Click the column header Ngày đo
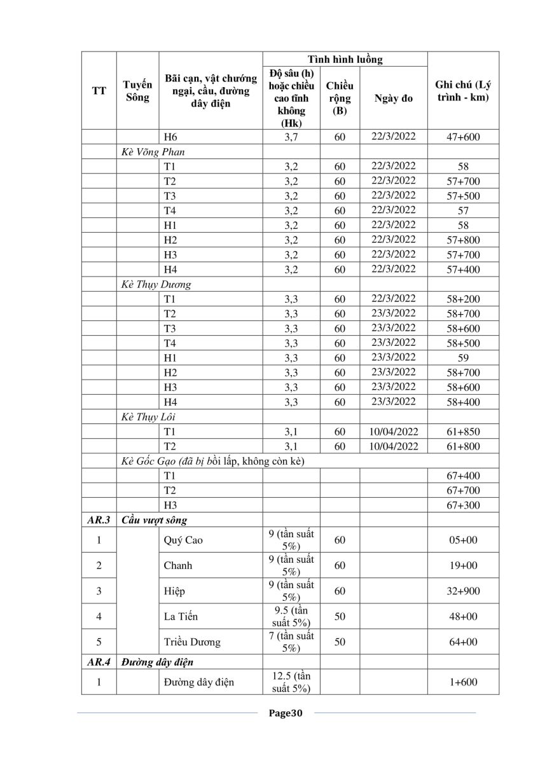click(x=393, y=99)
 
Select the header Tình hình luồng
click(x=345, y=60)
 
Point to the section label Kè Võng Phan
click(x=153, y=152)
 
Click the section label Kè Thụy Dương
click(x=156, y=284)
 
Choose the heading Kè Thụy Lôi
click(x=148, y=417)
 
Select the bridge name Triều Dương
click(x=192, y=642)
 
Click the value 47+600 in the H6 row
click(x=463, y=137)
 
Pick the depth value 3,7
click(x=291, y=137)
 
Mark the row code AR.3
click(x=99, y=520)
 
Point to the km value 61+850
click(x=463, y=432)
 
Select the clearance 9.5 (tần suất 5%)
click(x=291, y=616)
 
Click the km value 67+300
click(x=463, y=505)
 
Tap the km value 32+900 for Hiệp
click(x=463, y=591)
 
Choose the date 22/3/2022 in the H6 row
click(x=393, y=137)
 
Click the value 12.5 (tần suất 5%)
click(x=291, y=682)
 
